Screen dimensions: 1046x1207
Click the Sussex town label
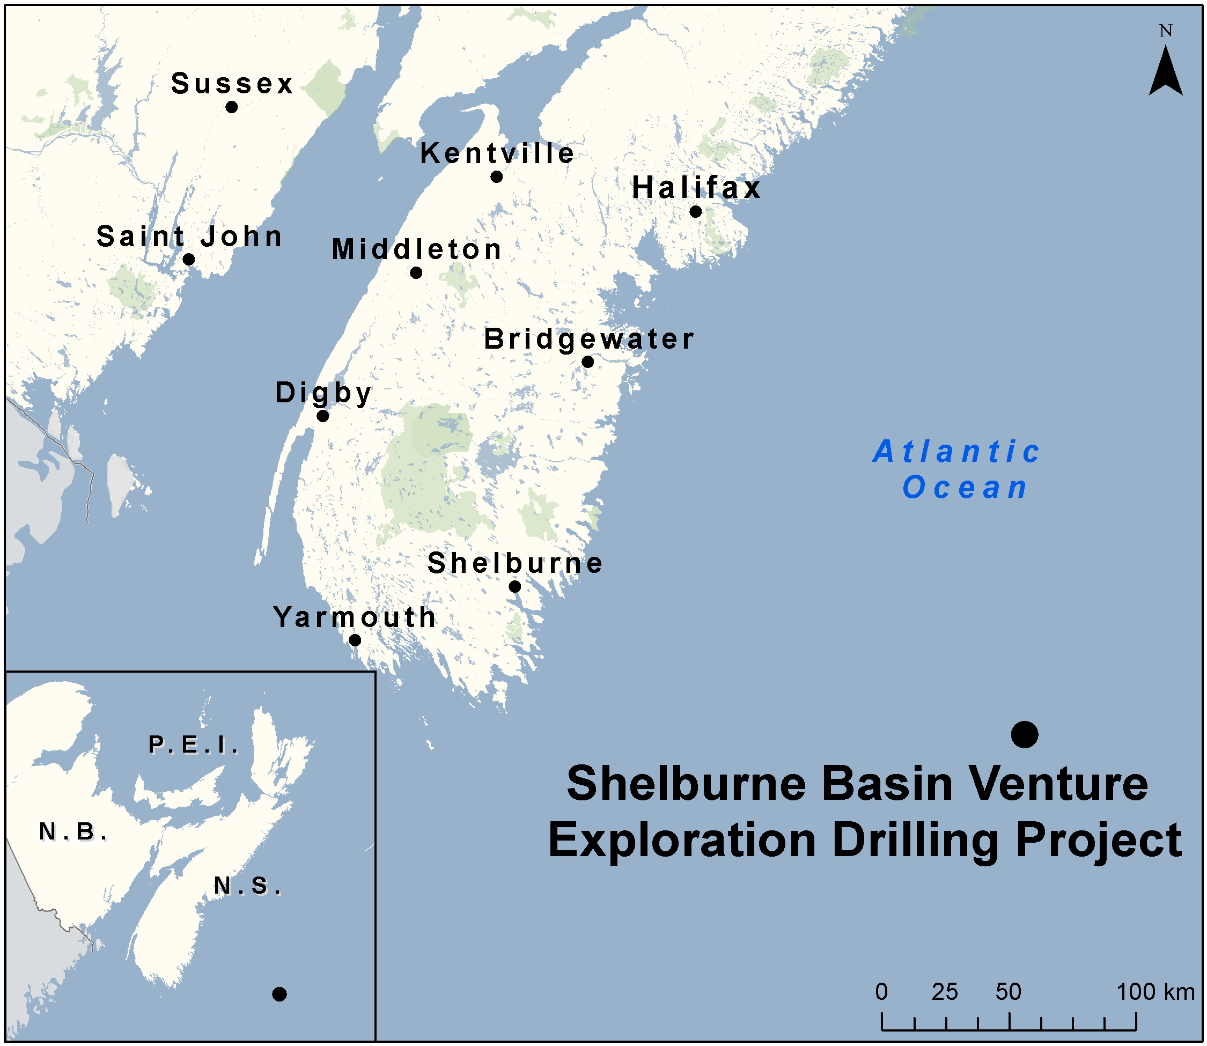point(232,84)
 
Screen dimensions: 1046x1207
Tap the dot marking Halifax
point(695,211)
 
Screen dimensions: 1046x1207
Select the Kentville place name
point(497,153)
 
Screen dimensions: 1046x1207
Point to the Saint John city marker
point(188,259)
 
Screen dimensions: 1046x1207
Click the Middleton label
point(417,249)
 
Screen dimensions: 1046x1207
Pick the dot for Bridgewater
point(588,362)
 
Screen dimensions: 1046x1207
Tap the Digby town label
point(323,393)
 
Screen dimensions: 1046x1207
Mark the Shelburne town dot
point(515,586)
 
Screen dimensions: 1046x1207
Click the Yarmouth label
point(355,617)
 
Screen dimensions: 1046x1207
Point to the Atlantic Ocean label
point(957,469)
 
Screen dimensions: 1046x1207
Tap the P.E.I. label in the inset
point(193,745)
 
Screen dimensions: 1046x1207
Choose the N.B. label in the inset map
point(73,832)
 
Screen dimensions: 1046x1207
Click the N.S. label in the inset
point(248,886)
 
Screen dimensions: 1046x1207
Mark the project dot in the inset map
point(279,994)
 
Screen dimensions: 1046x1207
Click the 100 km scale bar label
point(1156,992)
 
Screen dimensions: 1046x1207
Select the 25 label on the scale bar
point(945,992)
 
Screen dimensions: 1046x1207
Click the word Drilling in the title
point(916,840)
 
